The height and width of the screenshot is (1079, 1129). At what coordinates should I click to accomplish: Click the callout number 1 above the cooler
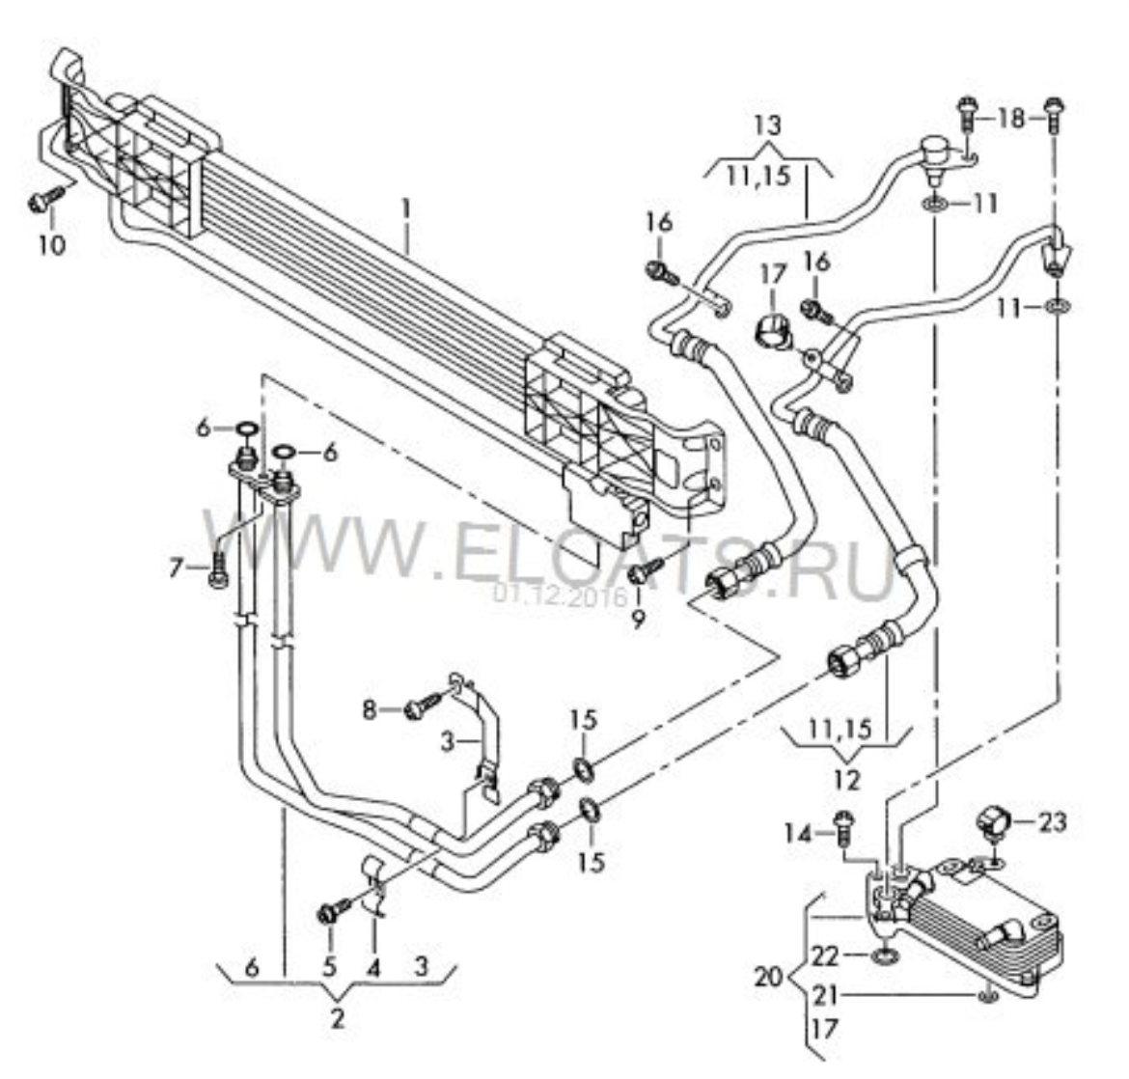click(x=406, y=207)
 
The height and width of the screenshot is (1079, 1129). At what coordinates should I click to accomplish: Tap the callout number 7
click(x=177, y=569)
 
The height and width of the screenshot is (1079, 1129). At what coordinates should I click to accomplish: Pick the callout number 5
click(x=329, y=965)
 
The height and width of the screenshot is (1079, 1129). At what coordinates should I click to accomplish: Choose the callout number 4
click(x=373, y=965)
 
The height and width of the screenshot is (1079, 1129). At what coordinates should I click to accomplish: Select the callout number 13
click(x=768, y=125)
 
